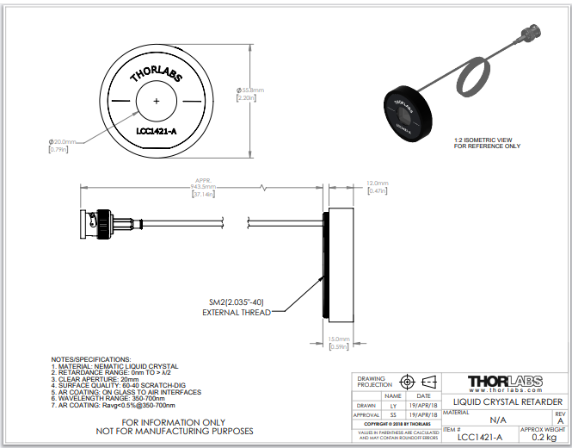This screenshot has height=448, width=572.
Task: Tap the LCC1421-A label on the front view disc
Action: pyautogui.click(x=156, y=132)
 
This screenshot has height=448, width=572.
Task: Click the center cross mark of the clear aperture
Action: pyautogui.click(x=156, y=102)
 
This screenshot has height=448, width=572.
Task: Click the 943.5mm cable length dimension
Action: pyautogui.click(x=204, y=187)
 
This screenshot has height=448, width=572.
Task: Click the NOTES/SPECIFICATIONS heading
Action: pyautogui.click(x=90, y=358)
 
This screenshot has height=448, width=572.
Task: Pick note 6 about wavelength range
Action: pyautogui.click(x=104, y=399)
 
